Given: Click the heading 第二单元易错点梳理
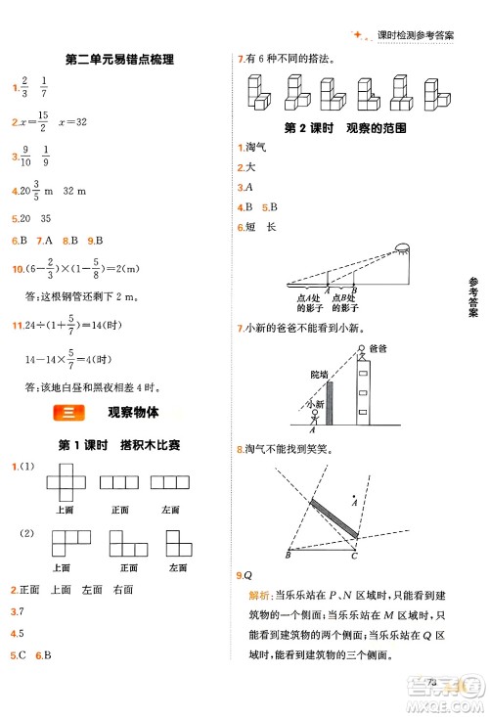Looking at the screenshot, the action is [x=118, y=60].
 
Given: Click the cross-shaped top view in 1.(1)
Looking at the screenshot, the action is [x=65, y=482].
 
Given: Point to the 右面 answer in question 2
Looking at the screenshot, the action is [x=122, y=590].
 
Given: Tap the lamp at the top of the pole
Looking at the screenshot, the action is [x=401, y=248].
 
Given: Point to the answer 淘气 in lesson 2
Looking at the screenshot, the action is [x=257, y=148].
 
